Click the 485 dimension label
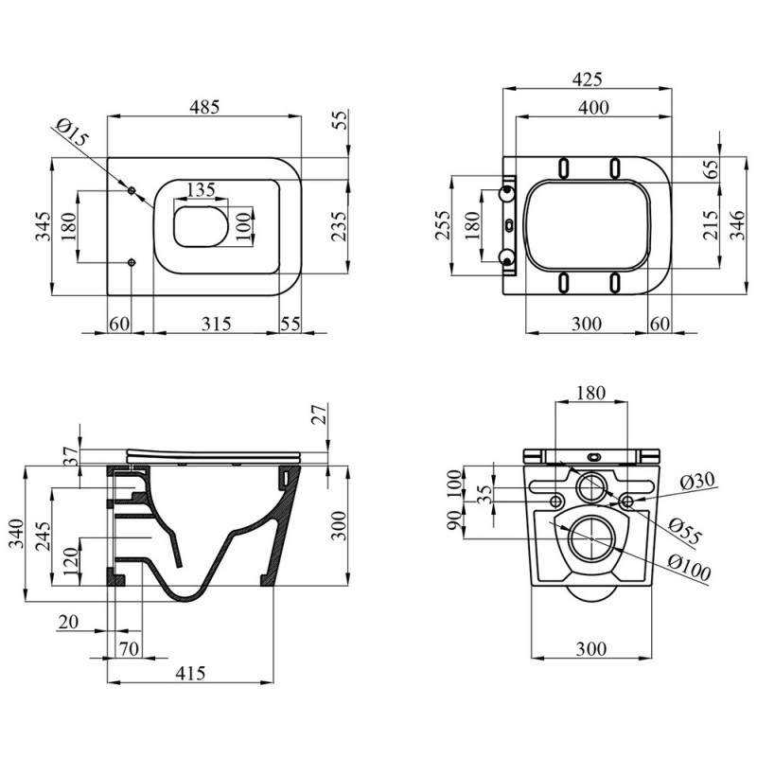coord(202,107)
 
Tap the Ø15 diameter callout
coord(73,133)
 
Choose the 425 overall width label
coord(586,79)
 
